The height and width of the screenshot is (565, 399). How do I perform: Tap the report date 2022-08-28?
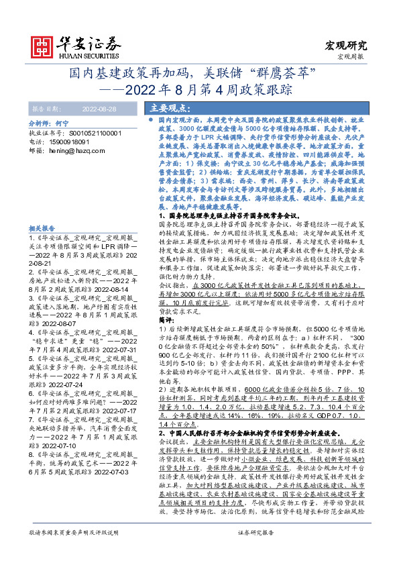pyautogui.click(x=99, y=107)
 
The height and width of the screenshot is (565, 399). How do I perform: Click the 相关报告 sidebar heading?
pyautogui.click(x=42, y=229)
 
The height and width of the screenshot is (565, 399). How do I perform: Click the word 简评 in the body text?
pyautogui.click(x=167, y=303)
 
